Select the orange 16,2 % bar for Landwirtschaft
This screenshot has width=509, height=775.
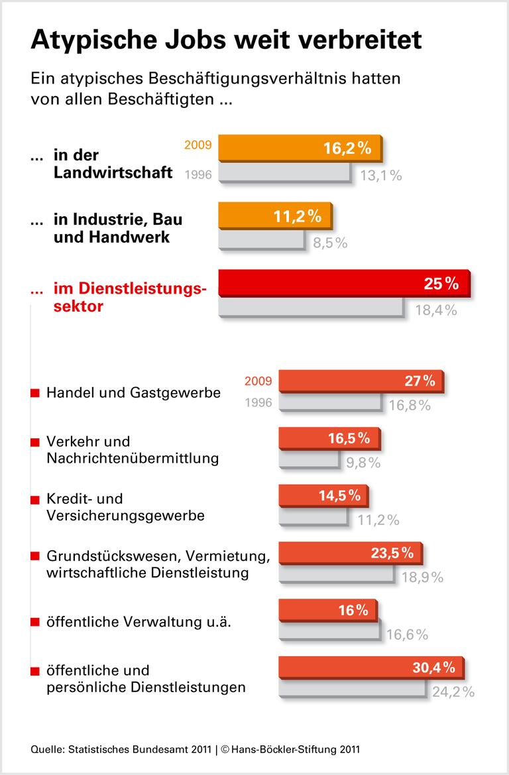pos(301,148)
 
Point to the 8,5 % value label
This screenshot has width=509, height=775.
pos(330,243)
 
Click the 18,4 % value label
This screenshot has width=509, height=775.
pos(435,310)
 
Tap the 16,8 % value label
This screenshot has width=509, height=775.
pos(409,406)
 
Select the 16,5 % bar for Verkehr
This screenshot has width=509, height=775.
pos(329,438)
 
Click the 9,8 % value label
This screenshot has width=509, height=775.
pos(363,463)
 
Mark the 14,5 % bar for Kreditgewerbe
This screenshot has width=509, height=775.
pos(322,495)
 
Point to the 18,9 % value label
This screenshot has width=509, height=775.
pos(422,577)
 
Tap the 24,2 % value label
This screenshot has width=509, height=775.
pos(453,692)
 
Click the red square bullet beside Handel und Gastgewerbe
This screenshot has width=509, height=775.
pos(35,394)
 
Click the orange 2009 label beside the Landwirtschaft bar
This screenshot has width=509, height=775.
pos(197,143)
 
